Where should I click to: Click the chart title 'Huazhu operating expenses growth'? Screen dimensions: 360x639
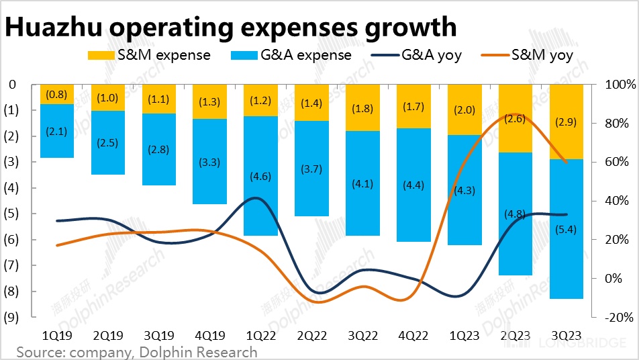[x=231, y=27]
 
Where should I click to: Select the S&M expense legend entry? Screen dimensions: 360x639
[x=150, y=55]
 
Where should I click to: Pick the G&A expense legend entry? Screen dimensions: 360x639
[x=291, y=55]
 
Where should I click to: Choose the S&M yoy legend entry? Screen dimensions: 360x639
[x=530, y=55]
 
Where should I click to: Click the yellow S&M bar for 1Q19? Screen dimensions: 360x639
[x=56, y=94]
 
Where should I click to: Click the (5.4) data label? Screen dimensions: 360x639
[x=566, y=230]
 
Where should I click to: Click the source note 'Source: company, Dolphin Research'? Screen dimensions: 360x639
[x=137, y=352]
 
